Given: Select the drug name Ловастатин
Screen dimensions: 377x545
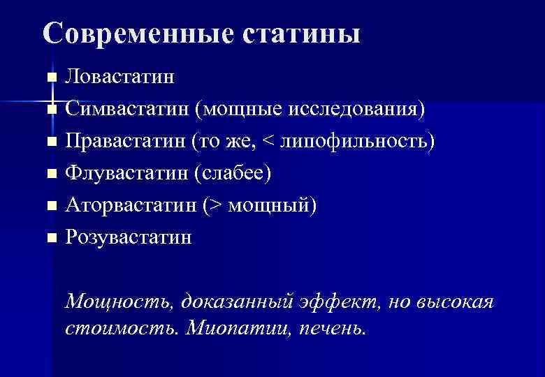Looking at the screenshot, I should coord(120,76).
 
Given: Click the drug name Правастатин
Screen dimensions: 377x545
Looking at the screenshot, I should coord(126,141).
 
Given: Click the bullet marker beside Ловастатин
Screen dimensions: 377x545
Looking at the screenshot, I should coord(51,77).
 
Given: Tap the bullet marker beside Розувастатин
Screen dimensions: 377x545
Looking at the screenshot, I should coord(51,239).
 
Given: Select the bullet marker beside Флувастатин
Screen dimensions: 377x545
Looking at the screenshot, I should coord(51,175).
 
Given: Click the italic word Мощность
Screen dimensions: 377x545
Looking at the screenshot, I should coord(119,302).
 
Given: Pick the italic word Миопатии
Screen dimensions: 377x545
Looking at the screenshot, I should coord(230,327).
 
